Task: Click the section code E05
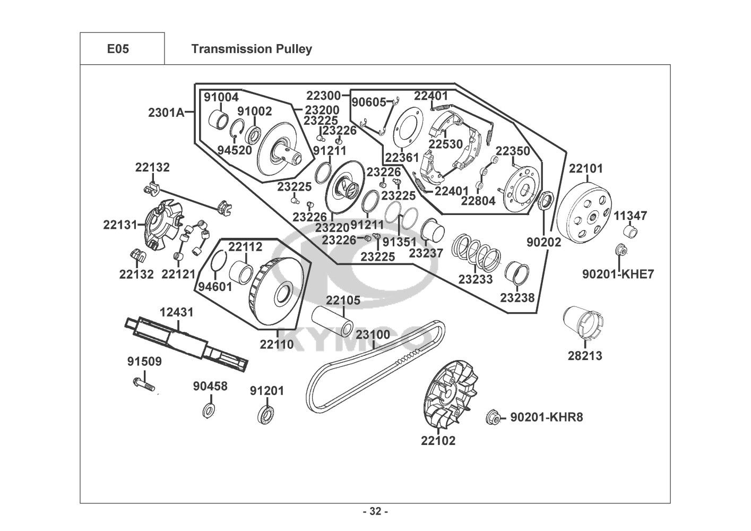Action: [118, 49]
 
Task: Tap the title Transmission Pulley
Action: [251, 49]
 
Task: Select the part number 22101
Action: [586, 169]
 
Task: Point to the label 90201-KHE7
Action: [618, 274]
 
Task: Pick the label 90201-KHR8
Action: [546, 417]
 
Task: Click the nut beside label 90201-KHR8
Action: [493, 418]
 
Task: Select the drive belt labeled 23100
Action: [372, 372]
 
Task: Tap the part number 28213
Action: [585, 356]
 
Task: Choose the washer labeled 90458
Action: [209, 409]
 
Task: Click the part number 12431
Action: [177, 312]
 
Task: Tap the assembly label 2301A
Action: [166, 113]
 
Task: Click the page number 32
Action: [375, 512]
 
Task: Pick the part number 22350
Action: [513, 151]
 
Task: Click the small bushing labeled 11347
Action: [629, 232]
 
